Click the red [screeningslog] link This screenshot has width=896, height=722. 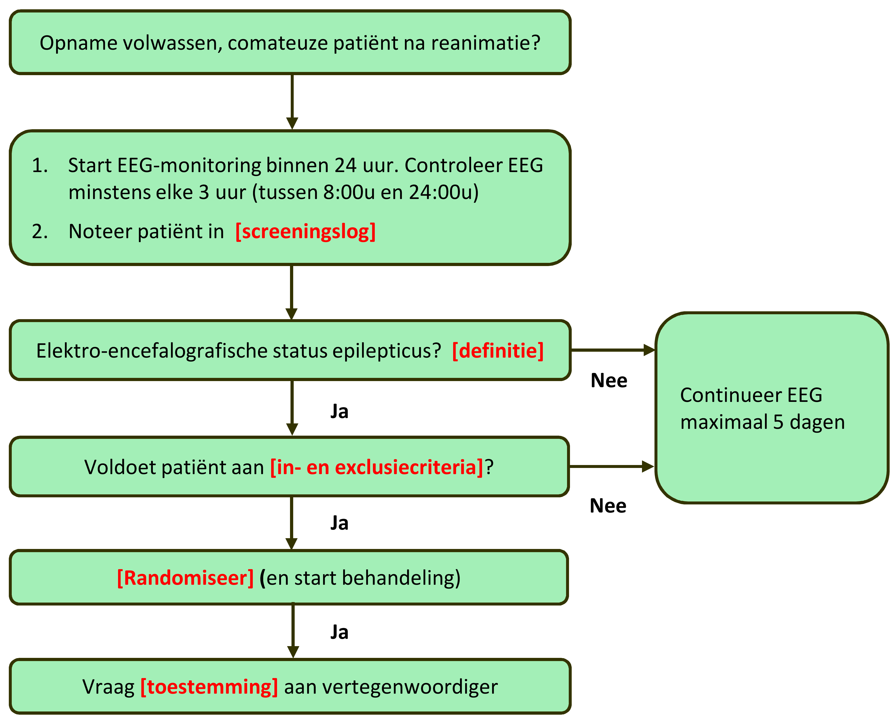305,232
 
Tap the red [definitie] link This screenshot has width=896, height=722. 498,351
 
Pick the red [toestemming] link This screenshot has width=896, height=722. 209,687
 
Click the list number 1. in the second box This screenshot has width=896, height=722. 40,165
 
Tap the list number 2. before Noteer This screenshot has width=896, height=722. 40,232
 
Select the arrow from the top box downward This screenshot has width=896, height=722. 292,102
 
